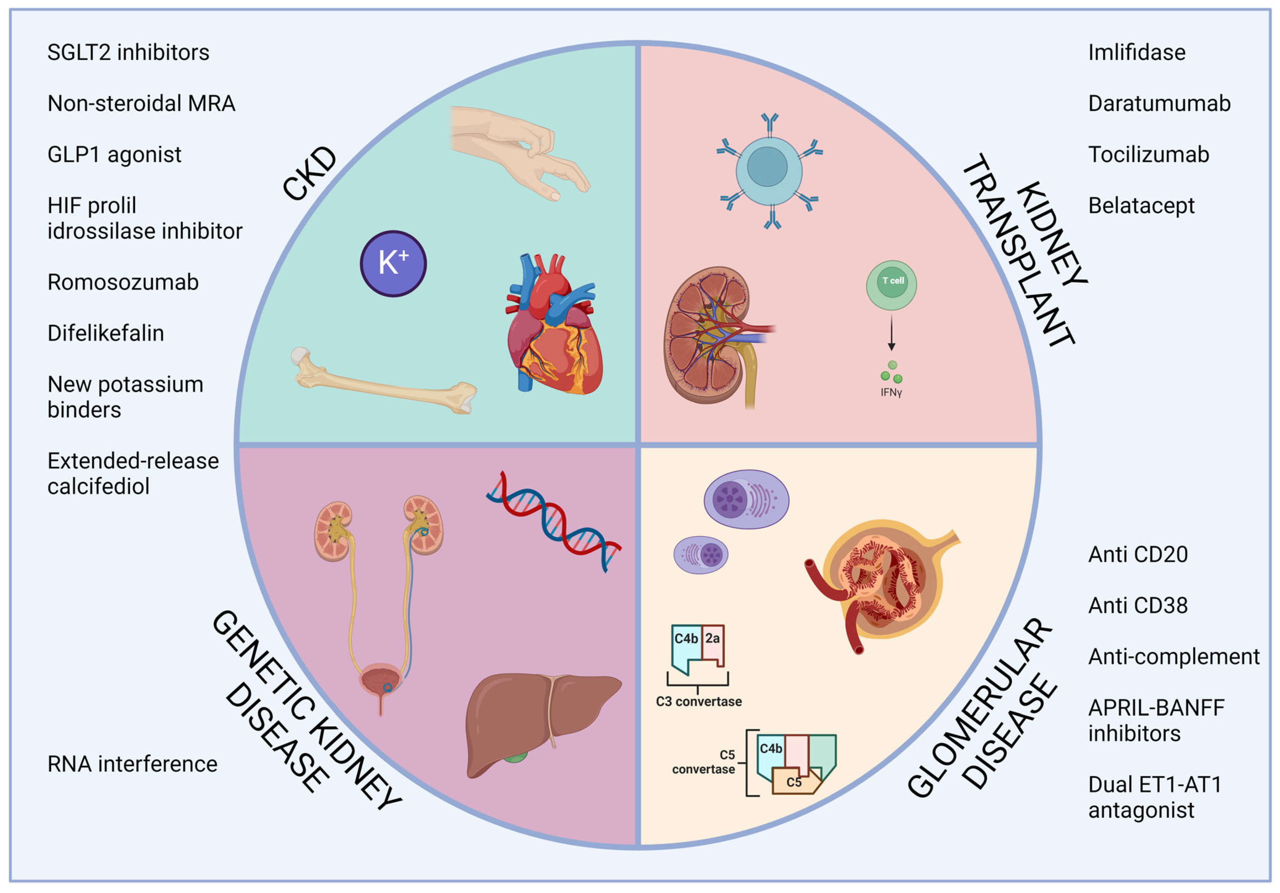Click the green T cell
click(891, 285)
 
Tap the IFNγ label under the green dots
click(891, 392)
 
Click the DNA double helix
click(554, 521)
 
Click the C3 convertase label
click(699, 701)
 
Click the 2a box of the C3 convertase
click(712, 638)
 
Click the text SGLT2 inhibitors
click(128, 52)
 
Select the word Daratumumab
click(1159, 104)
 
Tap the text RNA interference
click(132, 764)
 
